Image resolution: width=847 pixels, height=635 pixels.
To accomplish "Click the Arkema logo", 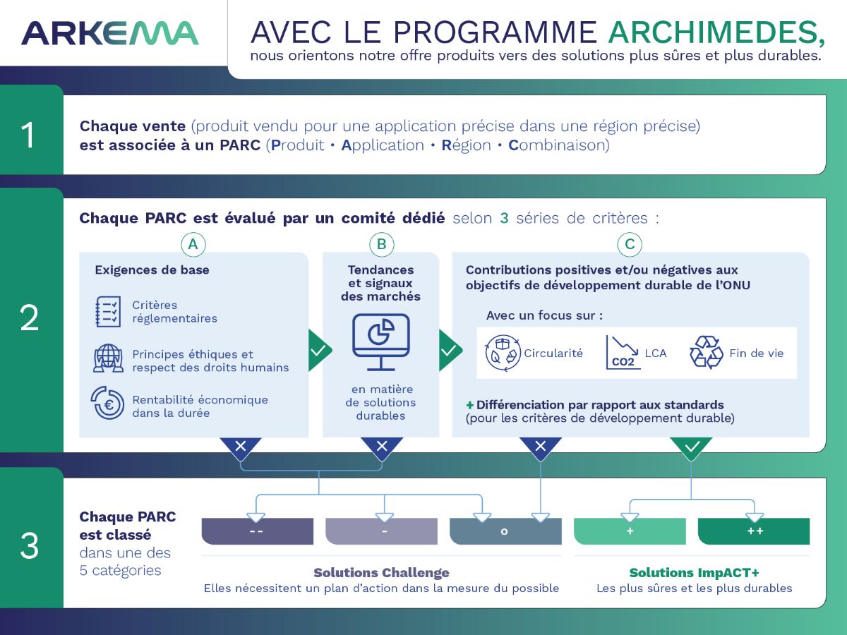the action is (110, 34).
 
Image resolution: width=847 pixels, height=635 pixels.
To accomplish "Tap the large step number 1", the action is (28, 135).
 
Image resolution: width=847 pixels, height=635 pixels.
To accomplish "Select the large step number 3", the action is (30, 545).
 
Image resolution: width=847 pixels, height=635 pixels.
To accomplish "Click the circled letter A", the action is (193, 244).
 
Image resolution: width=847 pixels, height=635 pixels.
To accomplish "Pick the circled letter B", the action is (381, 244).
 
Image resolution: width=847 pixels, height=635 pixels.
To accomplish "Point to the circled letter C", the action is (630, 244).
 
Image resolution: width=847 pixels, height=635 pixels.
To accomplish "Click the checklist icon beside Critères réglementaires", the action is (108, 312).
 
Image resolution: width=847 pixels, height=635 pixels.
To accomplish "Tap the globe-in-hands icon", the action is (109, 358).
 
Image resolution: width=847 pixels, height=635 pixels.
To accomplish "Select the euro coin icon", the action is (108, 403).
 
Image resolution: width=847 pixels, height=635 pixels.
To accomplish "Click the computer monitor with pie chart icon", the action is (381, 342).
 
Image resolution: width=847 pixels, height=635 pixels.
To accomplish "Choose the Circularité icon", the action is (503, 353).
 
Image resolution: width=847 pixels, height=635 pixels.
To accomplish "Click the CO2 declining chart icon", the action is (623, 352).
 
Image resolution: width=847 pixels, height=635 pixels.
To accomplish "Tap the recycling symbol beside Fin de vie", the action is (706, 352).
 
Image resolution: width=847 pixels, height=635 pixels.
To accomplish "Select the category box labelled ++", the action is (754, 531).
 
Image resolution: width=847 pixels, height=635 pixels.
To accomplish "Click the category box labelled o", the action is (505, 531).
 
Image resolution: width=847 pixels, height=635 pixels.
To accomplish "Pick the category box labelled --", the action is (258, 531).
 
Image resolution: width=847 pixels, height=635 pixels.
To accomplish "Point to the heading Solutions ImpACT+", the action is (695, 573).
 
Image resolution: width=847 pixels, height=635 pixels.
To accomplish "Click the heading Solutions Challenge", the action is (381, 573).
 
